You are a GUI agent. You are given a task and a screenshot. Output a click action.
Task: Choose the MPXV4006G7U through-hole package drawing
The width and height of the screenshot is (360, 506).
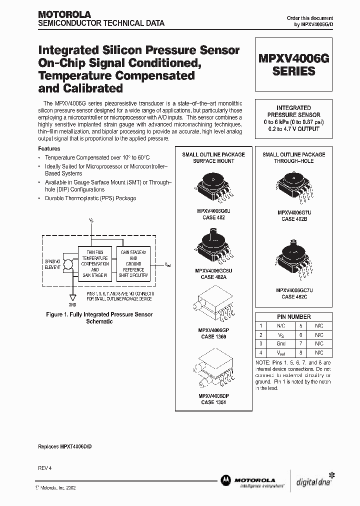[x=294, y=187]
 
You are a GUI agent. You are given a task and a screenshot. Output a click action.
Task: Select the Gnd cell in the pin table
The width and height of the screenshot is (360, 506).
[x=280, y=344]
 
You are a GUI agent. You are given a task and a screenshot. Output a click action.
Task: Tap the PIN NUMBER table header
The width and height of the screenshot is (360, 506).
[x=294, y=316]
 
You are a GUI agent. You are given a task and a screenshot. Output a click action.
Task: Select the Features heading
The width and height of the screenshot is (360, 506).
[x=49, y=148]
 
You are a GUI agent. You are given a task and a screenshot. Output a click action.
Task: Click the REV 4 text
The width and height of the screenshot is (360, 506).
[x=45, y=467]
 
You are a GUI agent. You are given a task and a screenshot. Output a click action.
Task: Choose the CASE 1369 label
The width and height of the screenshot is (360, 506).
[x=213, y=336]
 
